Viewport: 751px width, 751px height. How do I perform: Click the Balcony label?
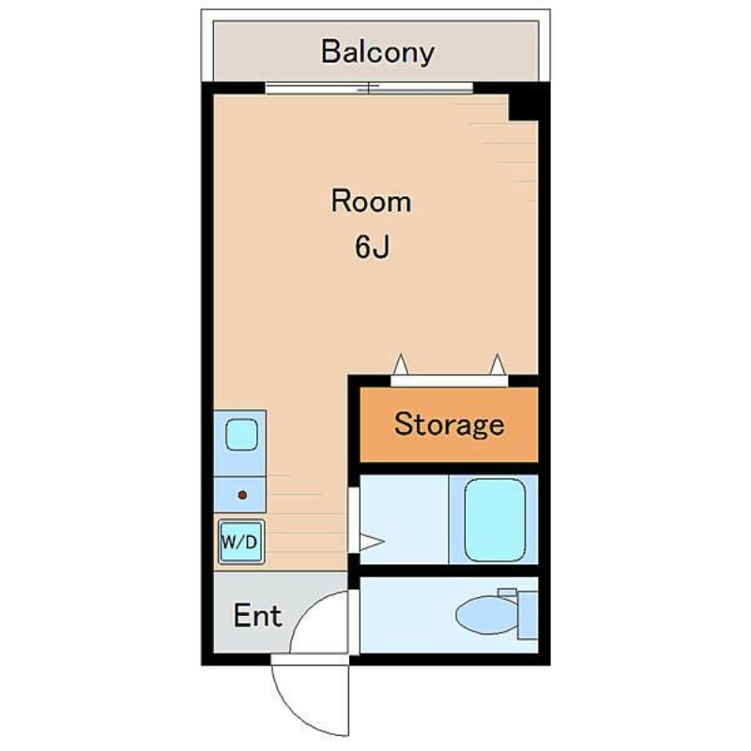tap(377, 52)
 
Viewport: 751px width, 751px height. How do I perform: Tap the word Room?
tap(371, 201)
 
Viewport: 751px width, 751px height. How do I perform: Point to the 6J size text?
tap(372, 247)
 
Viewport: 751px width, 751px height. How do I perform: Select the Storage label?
tap(450, 424)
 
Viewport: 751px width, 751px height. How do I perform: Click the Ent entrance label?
tap(257, 616)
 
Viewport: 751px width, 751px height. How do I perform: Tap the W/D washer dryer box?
tap(241, 542)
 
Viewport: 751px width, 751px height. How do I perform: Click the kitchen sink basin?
tap(241, 435)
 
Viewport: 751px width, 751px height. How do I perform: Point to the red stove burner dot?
tap(242, 495)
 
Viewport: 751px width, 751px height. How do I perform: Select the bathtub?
tap(495, 520)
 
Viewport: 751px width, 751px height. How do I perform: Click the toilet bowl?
tap(486, 615)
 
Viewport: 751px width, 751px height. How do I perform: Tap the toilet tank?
tap(528, 615)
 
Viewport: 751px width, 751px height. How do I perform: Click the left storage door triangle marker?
tap(401, 364)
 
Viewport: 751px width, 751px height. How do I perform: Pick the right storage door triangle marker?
tap(498, 364)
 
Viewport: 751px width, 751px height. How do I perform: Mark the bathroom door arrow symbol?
tap(372, 543)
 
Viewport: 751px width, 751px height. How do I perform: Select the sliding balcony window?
tap(369, 88)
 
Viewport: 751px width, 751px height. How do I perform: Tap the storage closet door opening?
tap(450, 381)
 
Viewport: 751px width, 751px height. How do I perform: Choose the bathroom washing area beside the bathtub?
tap(404, 520)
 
